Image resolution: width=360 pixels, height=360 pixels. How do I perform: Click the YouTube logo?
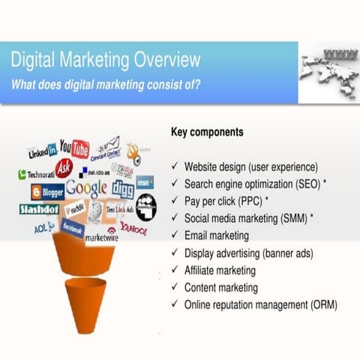pos(74,148)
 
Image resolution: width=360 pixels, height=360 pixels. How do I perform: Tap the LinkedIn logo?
pos(42,151)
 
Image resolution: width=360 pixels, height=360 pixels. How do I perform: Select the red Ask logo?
pos(64,166)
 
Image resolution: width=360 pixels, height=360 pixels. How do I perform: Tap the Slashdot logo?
pos(39,209)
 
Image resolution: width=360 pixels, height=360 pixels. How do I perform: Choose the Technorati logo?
pos(37,174)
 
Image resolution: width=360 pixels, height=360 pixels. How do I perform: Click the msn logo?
pos(145,181)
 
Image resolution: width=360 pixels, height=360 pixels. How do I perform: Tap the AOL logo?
pos(42,227)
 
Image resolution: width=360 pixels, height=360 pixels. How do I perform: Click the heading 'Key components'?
pos(207,132)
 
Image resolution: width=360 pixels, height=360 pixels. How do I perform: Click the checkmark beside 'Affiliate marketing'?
pos(175,270)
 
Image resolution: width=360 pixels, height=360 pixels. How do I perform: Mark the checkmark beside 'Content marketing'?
pos(175,287)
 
